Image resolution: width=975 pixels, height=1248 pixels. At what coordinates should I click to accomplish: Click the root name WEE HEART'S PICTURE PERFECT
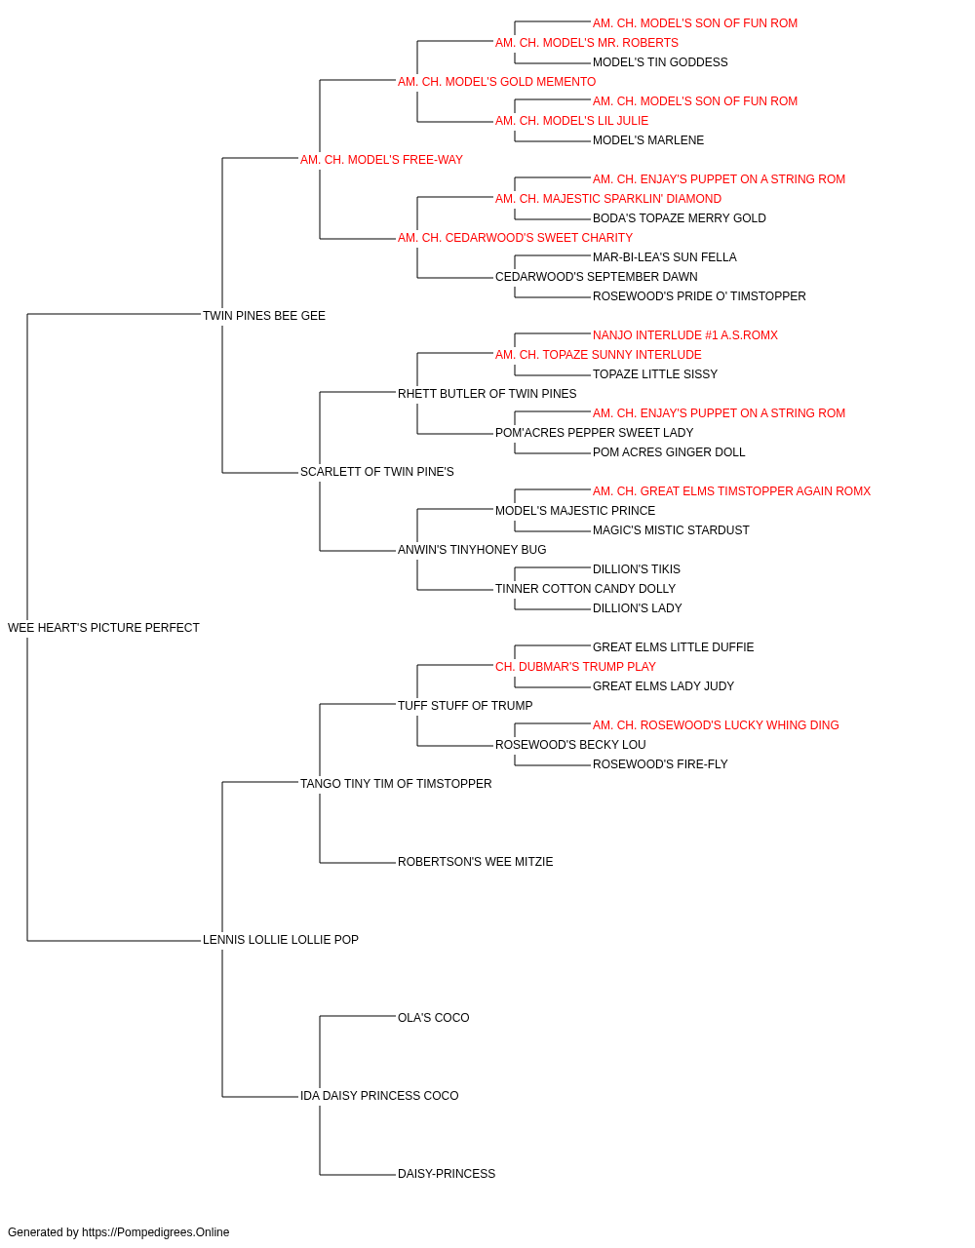(103, 628)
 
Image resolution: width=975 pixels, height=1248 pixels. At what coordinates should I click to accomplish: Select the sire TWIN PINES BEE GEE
(264, 316)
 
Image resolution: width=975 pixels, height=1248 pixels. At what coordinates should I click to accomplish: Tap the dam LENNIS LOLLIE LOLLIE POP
(281, 940)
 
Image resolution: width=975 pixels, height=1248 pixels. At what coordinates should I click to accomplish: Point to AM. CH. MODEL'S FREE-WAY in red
(381, 160)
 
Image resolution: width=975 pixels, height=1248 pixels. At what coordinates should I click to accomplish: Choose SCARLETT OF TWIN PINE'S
(377, 472)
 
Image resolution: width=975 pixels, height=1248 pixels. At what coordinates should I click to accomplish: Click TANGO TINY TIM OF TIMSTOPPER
(396, 784)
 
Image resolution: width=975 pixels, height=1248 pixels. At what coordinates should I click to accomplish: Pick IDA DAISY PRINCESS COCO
(379, 1096)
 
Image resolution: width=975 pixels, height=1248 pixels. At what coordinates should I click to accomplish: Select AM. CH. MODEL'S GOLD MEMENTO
(496, 82)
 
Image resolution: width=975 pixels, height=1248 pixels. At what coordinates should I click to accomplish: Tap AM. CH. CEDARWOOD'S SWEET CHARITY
(515, 238)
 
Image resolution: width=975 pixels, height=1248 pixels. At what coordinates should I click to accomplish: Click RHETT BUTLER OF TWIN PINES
(487, 393)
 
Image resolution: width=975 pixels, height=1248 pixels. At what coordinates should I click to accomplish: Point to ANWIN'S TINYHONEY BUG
(472, 550)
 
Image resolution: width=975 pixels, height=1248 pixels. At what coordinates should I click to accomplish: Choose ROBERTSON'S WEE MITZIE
(476, 862)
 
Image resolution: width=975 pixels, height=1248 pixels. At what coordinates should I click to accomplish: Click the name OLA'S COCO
(434, 1018)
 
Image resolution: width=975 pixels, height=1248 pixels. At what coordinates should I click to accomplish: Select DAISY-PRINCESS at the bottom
(447, 1174)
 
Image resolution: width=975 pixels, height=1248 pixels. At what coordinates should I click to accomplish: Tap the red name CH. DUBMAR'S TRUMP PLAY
(575, 667)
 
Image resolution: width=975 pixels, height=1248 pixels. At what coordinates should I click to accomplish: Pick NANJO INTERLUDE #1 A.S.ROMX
(685, 335)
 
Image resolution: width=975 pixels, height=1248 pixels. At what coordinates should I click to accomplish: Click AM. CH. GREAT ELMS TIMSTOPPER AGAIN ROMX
(731, 491)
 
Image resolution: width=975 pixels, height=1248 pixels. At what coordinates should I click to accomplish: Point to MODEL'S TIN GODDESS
(660, 62)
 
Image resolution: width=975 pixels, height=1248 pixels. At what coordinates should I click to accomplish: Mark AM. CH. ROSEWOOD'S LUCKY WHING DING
(716, 725)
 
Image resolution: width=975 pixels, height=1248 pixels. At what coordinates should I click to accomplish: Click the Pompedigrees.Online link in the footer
(156, 1232)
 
